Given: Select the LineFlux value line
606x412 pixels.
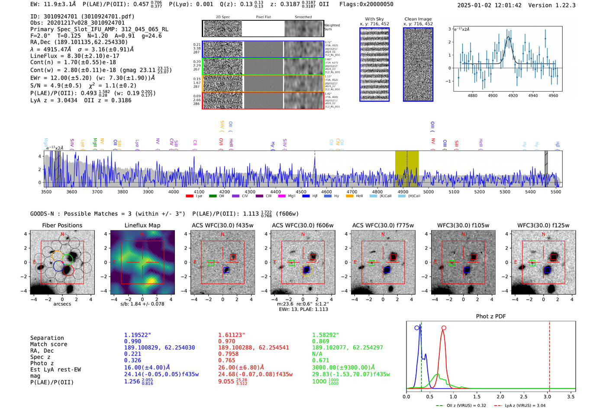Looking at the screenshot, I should pos(74,56).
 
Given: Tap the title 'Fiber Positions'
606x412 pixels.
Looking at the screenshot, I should pos(62,225).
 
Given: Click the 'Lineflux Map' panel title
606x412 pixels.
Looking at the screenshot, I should pos(142,225).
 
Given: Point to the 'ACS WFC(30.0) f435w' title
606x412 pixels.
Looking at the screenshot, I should pos(222,225).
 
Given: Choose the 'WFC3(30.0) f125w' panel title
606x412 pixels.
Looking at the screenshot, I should pos(543,225).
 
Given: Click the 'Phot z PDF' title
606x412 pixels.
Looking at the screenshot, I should pos(491,316).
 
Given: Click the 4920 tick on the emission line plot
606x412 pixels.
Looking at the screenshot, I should pos(513,96).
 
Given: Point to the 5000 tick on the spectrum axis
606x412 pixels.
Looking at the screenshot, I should pos(428,192).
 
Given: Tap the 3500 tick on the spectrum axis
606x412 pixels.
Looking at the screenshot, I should pos(46,192).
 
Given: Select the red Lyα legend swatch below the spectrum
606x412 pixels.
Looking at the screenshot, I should pos(189,196).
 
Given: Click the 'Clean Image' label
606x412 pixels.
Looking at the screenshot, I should pos(418,19).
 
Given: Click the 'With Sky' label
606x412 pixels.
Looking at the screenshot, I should pos(374,19).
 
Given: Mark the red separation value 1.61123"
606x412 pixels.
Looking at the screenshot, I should pos(232,335).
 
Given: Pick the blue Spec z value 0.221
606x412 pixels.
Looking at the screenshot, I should pos(132,354).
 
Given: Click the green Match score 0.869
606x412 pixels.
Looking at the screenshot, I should pos(320,341).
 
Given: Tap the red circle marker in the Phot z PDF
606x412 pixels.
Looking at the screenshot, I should pos(444,328).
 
